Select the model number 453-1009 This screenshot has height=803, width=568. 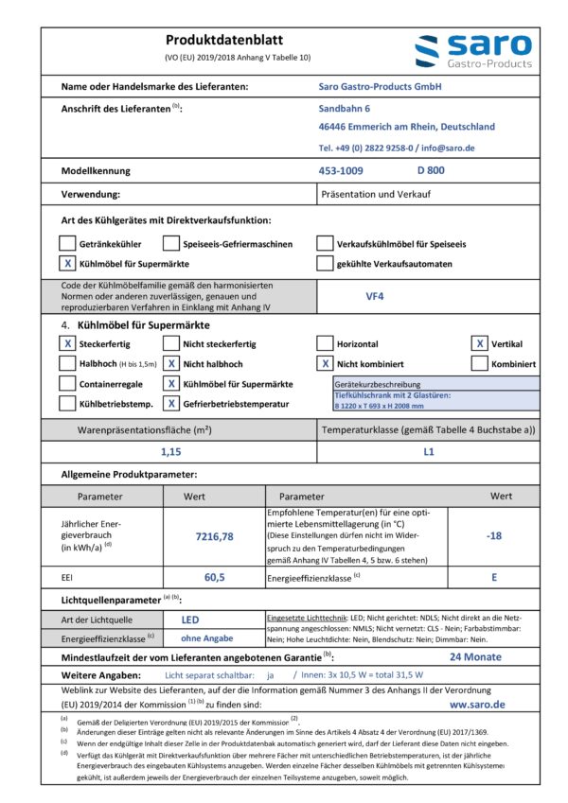coord(341,170)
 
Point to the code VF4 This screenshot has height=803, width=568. coord(375,295)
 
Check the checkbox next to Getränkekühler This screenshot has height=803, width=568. coord(67,243)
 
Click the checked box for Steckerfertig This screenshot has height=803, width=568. coord(67,344)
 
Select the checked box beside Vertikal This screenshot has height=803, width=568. coord(480,344)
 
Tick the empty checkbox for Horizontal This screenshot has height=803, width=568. coord(325,344)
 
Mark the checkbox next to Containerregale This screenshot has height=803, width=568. coord(67,384)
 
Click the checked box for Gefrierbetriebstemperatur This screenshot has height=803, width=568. coord(171,404)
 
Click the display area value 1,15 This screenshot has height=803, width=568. coord(170,452)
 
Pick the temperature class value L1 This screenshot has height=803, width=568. coord(428,452)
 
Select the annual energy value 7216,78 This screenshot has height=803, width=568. coord(214,536)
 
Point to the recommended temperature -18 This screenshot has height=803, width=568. coord(493,536)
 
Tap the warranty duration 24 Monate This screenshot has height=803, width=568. coord(475,656)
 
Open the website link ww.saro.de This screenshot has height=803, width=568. coord(477,705)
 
